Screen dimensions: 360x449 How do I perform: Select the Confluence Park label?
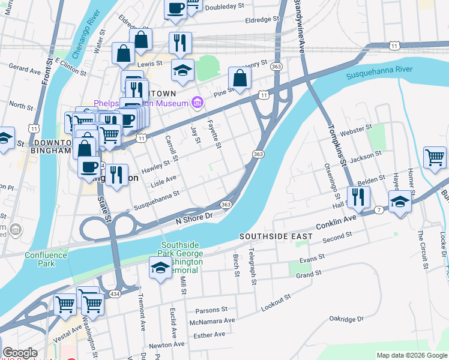tap(46, 259)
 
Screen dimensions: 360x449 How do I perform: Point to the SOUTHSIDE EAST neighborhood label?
tap(276, 236)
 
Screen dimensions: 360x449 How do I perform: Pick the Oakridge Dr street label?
tap(346, 319)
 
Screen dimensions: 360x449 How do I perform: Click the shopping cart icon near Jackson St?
tap(435, 158)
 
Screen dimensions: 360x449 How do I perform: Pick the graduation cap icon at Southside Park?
tap(160, 268)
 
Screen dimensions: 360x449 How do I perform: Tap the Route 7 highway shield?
tap(379, 209)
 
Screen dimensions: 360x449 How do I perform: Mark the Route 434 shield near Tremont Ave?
tap(114, 293)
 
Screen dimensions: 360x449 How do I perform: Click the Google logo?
tap(19, 353)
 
